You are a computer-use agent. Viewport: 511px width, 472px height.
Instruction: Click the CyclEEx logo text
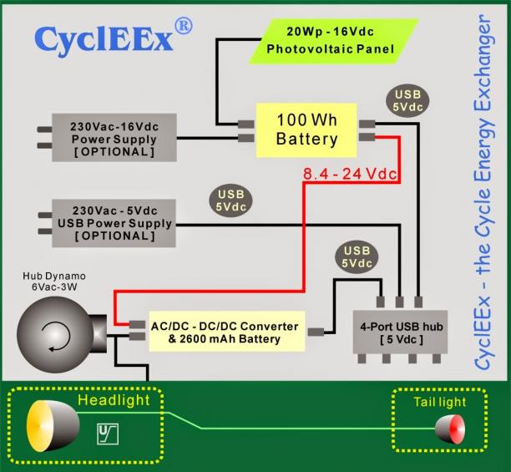(x=104, y=40)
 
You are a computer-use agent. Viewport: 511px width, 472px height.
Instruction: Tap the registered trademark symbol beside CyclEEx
(x=184, y=26)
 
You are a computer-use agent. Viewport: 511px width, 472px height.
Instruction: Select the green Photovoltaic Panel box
(x=333, y=41)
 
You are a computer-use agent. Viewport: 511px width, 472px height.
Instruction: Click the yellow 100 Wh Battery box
(x=306, y=130)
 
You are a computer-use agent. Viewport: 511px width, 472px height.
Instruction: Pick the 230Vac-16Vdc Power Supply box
(x=114, y=138)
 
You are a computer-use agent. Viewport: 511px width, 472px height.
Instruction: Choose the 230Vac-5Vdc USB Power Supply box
(x=114, y=223)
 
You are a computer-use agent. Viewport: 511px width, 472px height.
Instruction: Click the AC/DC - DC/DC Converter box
(x=227, y=332)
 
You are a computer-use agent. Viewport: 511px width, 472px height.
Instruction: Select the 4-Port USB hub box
(x=400, y=332)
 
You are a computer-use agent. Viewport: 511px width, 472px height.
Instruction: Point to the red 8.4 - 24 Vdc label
(x=350, y=174)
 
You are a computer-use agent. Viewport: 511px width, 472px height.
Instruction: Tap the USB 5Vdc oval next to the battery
(x=407, y=101)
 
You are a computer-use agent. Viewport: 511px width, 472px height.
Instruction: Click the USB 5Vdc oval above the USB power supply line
(x=230, y=200)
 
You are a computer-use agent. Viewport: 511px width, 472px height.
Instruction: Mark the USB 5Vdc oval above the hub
(x=357, y=257)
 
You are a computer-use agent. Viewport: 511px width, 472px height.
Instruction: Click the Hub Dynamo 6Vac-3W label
(x=54, y=282)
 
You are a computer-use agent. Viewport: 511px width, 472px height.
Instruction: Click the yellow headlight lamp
(x=53, y=426)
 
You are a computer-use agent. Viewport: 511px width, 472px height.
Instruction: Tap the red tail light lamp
(x=450, y=429)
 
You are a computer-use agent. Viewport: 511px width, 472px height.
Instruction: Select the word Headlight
(x=114, y=400)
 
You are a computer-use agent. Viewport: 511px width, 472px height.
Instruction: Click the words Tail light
(x=440, y=402)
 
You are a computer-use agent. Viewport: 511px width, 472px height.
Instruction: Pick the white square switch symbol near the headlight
(x=108, y=434)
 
